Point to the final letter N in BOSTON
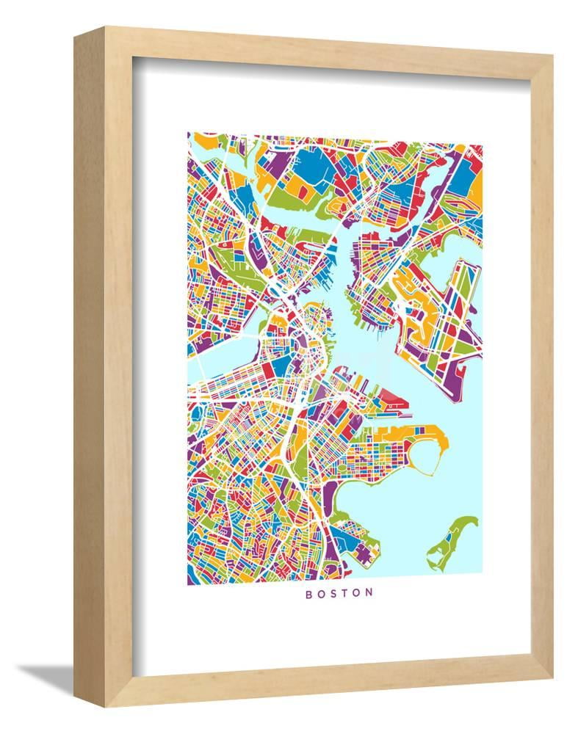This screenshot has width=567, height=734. click(369, 592)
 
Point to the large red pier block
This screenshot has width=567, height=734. click(393, 401)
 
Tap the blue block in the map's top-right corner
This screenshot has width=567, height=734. click(462, 177)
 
